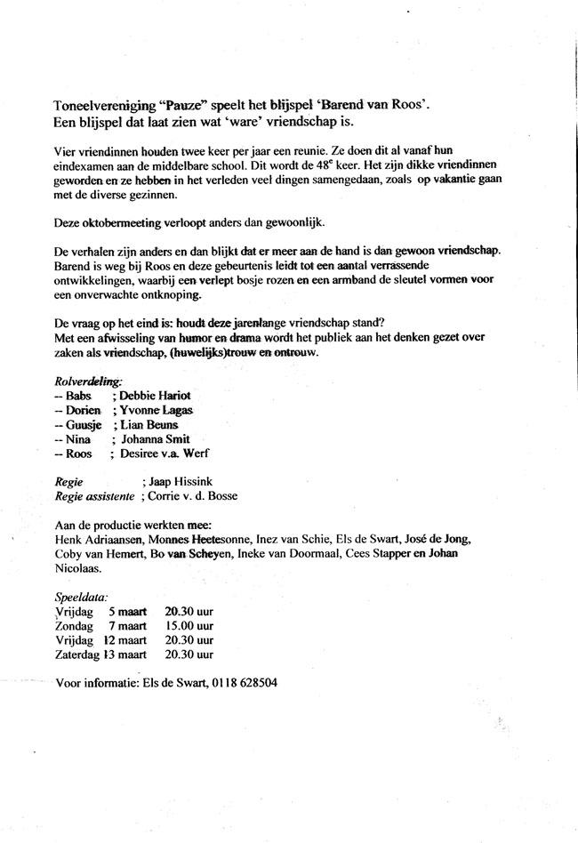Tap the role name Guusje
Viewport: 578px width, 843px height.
point(81,425)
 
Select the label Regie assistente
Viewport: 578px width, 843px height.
point(94,495)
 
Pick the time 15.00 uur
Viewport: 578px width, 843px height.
point(189,626)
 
